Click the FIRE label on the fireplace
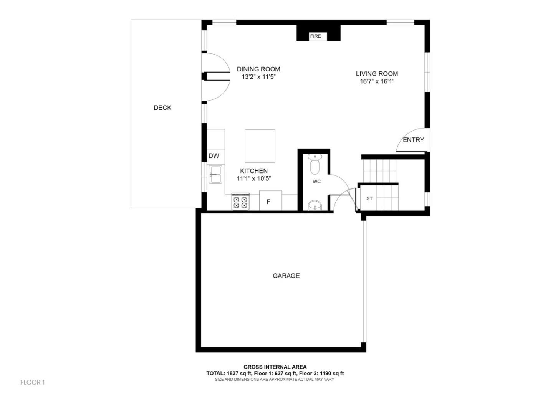pyautogui.click(x=315, y=36)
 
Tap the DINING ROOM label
pyautogui.click(x=258, y=69)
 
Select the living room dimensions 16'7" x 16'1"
pyautogui.click(x=377, y=81)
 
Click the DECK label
pyautogui.click(x=162, y=108)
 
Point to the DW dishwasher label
pyautogui.click(x=214, y=155)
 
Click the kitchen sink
pyautogui.click(x=215, y=174)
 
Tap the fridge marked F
pyautogui.click(x=269, y=202)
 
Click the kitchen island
pyautogui.click(x=260, y=146)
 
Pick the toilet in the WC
pyautogui.click(x=315, y=165)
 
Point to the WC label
pyautogui.click(x=316, y=182)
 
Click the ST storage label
pyautogui.click(x=369, y=198)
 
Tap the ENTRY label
pyautogui.click(x=413, y=140)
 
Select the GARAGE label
pyautogui.click(x=286, y=276)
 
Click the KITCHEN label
pyautogui.click(x=254, y=171)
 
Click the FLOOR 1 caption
pyautogui.click(x=33, y=382)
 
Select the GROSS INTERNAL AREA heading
pyautogui.click(x=275, y=367)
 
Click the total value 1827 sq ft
pyautogui.click(x=232, y=373)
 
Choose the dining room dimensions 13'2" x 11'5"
pyautogui.click(x=258, y=77)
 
